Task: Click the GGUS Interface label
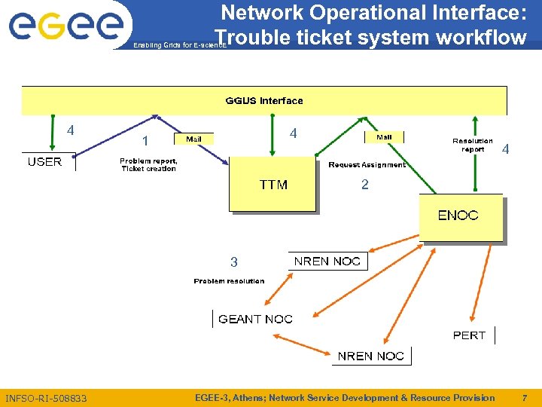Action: (x=264, y=100)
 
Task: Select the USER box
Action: (x=45, y=161)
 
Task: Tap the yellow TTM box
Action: (x=273, y=185)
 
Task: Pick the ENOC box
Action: (x=459, y=216)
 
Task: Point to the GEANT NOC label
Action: (x=255, y=319)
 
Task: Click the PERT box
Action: (x=470, y=335)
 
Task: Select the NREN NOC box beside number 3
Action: (x=327, y=261)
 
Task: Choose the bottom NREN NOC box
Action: (x=371, y=356)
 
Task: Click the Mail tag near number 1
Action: (x=194, y=139)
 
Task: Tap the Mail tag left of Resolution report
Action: (x=384, y=137)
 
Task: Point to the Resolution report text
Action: (x=473, y=145)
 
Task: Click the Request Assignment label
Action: (x=367, y=164)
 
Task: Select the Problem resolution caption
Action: (x=229, y=281)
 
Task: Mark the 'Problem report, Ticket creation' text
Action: (x=148, y=164)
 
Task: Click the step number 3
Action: (x=234, y=262)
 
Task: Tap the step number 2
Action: (x=365, y=185)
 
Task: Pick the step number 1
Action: (x=145, y=141)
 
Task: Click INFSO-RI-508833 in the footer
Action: (x=46, y=398)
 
